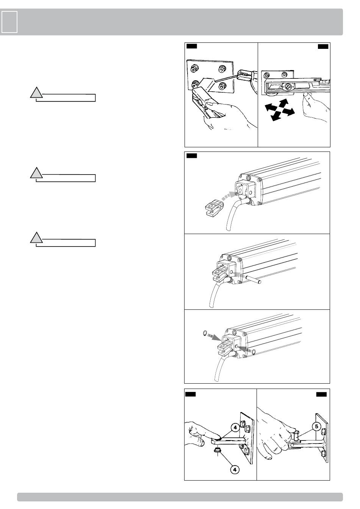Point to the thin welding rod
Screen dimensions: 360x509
click(225, 78)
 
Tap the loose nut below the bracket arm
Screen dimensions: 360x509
click(218, 451)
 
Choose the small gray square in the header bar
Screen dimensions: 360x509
click(9, 22)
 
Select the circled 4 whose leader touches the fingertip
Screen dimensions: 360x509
click(235, 428)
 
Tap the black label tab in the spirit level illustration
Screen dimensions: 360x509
click(323, 47)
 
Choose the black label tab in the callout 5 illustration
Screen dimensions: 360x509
click(321, 395)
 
